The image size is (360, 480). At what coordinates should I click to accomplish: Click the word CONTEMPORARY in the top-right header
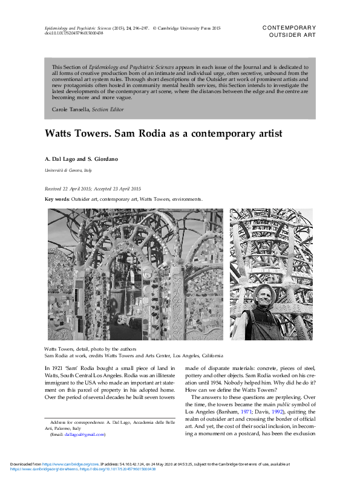pos(289,28)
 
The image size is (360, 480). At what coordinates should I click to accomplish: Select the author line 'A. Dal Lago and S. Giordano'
pos(82,159)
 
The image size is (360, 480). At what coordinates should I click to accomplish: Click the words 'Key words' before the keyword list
pos(57,199)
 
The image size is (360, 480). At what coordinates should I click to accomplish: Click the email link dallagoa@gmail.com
pos(85,434)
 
